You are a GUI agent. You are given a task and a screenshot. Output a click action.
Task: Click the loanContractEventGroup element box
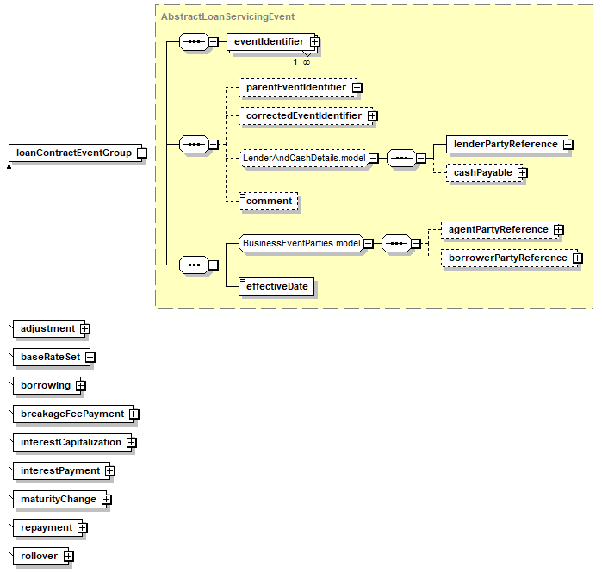76,153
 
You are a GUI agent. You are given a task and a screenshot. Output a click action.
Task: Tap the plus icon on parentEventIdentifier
357,88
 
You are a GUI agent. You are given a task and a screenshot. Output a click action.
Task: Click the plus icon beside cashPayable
522,173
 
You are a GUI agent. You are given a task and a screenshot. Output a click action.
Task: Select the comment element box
269,202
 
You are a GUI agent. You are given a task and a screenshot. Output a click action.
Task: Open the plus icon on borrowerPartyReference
577,258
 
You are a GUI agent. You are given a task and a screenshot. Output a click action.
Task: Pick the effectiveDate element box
276,286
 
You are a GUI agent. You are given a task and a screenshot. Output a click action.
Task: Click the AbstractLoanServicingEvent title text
227,16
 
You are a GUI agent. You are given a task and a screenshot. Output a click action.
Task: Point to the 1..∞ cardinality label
301,62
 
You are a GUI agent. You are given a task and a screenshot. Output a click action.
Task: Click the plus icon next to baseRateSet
90,358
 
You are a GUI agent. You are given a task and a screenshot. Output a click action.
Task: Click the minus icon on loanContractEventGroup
142,153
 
